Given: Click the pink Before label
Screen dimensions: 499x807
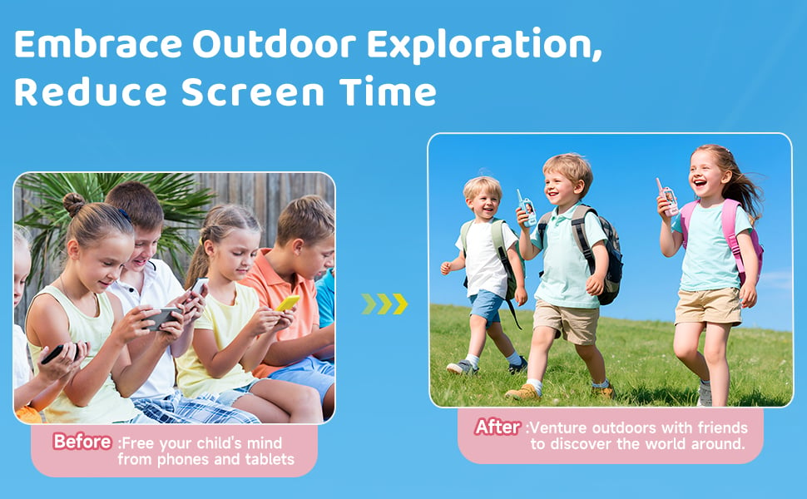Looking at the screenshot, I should pos(82,442).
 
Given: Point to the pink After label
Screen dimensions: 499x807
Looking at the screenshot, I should pos(498,427).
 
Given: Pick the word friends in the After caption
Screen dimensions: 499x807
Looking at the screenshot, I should pos(717,427).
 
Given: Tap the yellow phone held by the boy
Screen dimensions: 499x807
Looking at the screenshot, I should pos(287,304).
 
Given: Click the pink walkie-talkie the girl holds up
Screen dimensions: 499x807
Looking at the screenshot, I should pos(667,198).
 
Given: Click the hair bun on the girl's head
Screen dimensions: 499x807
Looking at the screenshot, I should pos(74,202).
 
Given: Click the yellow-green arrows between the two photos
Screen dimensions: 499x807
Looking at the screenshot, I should pos(384,304).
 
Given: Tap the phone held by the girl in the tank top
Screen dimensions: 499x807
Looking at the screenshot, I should pos(161,317).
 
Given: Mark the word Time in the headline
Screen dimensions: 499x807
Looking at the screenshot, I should pos(394,91).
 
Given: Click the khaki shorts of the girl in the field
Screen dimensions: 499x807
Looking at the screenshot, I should pos(708,305).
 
